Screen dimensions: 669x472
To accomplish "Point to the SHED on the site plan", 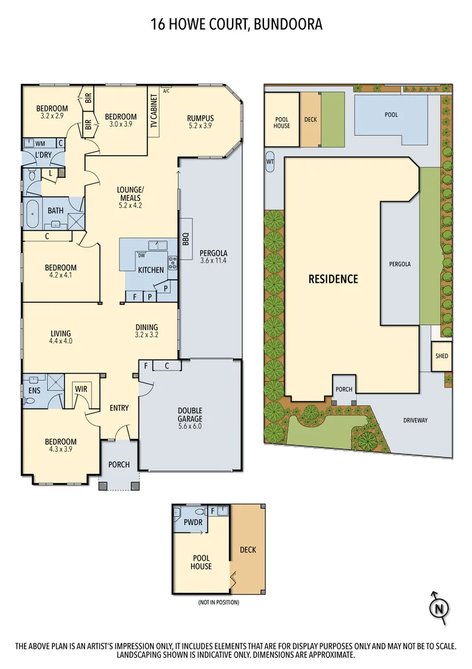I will pos(442,356).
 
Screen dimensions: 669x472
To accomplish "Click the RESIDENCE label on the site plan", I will pos(333,279).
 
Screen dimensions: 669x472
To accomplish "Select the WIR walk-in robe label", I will pos(81,389).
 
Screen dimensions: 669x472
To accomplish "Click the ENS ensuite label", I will pos(34,391).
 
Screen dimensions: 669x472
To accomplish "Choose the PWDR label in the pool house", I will pos(193,523).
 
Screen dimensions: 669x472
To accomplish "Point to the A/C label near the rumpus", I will pos(166,91).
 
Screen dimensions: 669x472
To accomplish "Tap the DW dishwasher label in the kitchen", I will pos(142,256).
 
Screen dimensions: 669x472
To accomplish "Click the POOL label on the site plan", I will pos(391,115).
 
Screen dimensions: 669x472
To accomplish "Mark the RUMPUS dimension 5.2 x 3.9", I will pos(200,126).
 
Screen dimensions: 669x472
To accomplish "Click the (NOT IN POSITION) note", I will pos(218,602).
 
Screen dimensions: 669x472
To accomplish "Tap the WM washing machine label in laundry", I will pos(39,144).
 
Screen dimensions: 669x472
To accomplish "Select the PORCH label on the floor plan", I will pos(119,465).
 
